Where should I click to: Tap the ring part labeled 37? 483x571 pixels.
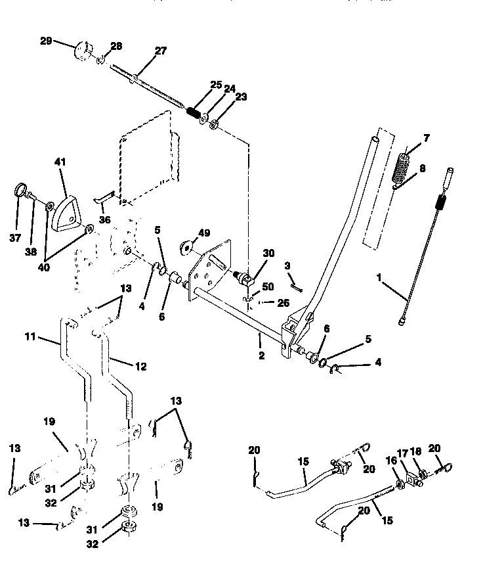click(x=19, y=193)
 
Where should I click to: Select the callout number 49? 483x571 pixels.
click(x=204, y=233)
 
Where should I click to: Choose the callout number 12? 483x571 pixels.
click(x=140, y=366)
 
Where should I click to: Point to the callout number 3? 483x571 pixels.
click(x=287, y=265)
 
